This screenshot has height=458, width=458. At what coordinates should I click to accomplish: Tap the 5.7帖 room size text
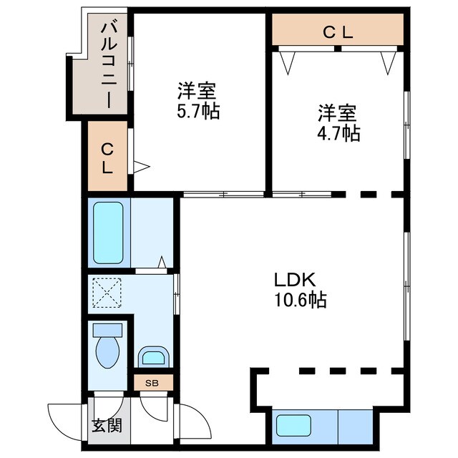[198, 112]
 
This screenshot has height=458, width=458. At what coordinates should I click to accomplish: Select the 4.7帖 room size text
[338, 134]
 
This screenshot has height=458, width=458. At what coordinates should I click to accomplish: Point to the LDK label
[295, 280]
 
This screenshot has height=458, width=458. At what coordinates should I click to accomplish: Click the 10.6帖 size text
[301, 300]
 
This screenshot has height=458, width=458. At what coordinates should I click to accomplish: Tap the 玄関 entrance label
[107, 426]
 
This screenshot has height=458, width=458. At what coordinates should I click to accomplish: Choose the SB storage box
[154, 383]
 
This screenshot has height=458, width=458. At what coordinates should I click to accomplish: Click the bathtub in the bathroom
[108, 233]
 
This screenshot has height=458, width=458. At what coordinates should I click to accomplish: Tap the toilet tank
[107, 331]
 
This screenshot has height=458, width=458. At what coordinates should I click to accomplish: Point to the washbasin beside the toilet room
[154, 356]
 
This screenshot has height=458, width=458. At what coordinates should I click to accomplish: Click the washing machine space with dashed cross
[107, 293]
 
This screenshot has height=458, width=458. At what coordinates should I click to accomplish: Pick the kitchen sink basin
[293, 426]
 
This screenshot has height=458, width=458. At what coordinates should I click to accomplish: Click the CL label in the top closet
[338, 32]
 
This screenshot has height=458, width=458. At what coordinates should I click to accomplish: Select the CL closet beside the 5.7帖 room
[108, 156]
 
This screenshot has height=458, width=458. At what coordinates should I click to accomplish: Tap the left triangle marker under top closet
[288, 63]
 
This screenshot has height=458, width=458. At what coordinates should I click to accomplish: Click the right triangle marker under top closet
[388, 63]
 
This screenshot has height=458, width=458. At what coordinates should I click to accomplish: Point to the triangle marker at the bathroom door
[162, 262]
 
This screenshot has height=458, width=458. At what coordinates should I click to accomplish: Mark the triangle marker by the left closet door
[142, 167]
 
